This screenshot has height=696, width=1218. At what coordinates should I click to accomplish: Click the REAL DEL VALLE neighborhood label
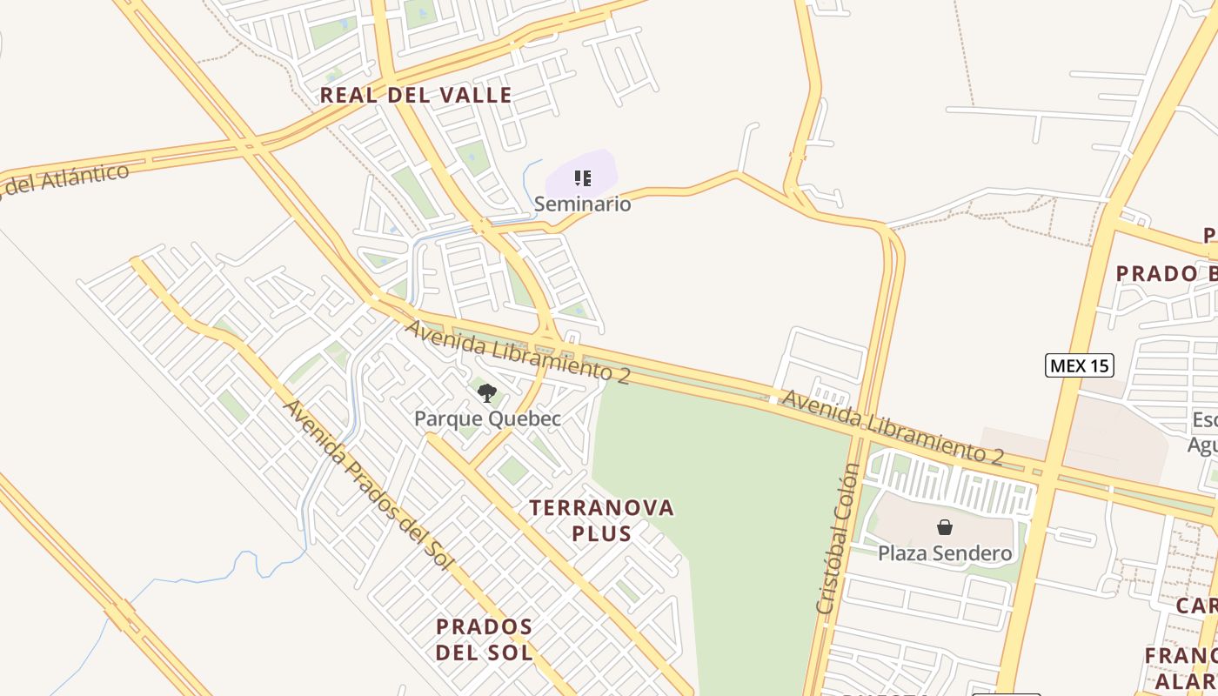pyautogui.click(x=416, y=95)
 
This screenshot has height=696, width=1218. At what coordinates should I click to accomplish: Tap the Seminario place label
pyautogui.click(x=582, y=204)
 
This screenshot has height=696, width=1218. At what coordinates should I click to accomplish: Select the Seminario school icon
pyautogui.click(x=583, y=178)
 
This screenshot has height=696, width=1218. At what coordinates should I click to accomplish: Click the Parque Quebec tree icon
pyautogui.click(x=487, y=393)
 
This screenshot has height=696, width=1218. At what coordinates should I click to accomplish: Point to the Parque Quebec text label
pyautogui.click(x=487, y=418)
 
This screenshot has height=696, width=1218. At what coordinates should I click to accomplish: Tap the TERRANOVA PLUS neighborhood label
pyautogui.click(x=602, y=519)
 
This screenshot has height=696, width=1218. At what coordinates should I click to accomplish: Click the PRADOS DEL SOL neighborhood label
pyautogui.click(x=484, y=639)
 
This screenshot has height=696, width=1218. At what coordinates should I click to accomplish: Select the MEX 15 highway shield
pyautogui.click(x=1079, y=365)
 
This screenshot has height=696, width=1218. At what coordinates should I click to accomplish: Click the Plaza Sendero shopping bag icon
pyautogui.click(x=945, y=527)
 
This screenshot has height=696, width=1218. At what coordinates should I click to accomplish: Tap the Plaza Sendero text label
pyautogui.click(x=945, y=553)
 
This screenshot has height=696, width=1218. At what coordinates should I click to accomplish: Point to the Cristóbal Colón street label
pyautogui.click(x=838, y=539)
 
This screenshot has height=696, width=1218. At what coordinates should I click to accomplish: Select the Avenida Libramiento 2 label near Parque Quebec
pyautogui.click(x=518, y=351)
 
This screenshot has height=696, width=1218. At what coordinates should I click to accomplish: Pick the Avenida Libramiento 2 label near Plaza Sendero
pyautogui.click(x=893, y=426)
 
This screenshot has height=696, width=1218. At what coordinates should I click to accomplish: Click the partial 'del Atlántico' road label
pyautogui.click(x=65, y=177)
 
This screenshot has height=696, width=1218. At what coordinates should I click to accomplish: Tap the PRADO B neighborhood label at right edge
pyautogui.click(x=1167, y=273)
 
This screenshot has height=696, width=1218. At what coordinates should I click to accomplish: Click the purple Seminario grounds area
pyautogui.click(x=600, y=165)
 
